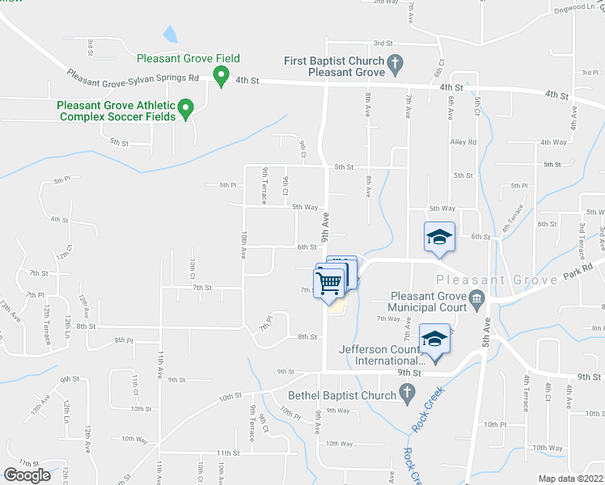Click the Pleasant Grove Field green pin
coord(219,76)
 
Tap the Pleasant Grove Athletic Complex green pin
coord(185,108)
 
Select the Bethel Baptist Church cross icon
coord(407,395)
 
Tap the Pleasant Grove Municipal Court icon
coord(477,300)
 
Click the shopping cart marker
coord(330,282)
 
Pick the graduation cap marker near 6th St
coord(439,237)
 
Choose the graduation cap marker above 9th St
coord(434,339)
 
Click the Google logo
coord(27,475)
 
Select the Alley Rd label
coord(463,142)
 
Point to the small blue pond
coord(170,34)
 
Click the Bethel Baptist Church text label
coord(343,396)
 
